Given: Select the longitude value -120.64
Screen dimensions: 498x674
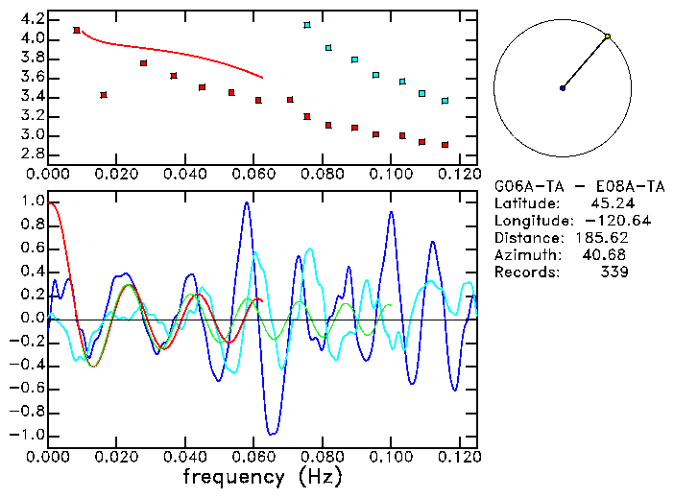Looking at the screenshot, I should pos(600,221).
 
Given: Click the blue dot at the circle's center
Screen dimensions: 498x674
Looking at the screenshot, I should pos(563,88).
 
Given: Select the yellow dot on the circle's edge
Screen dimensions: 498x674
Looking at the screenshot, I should pos(607,36).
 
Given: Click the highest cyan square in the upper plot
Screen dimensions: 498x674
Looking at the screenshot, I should pos(307,25).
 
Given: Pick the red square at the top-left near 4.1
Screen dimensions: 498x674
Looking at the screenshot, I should pos(77,31).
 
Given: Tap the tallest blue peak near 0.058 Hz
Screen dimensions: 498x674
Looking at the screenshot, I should pos(247,202).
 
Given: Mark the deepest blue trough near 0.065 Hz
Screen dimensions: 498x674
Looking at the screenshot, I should pos(272,433).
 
